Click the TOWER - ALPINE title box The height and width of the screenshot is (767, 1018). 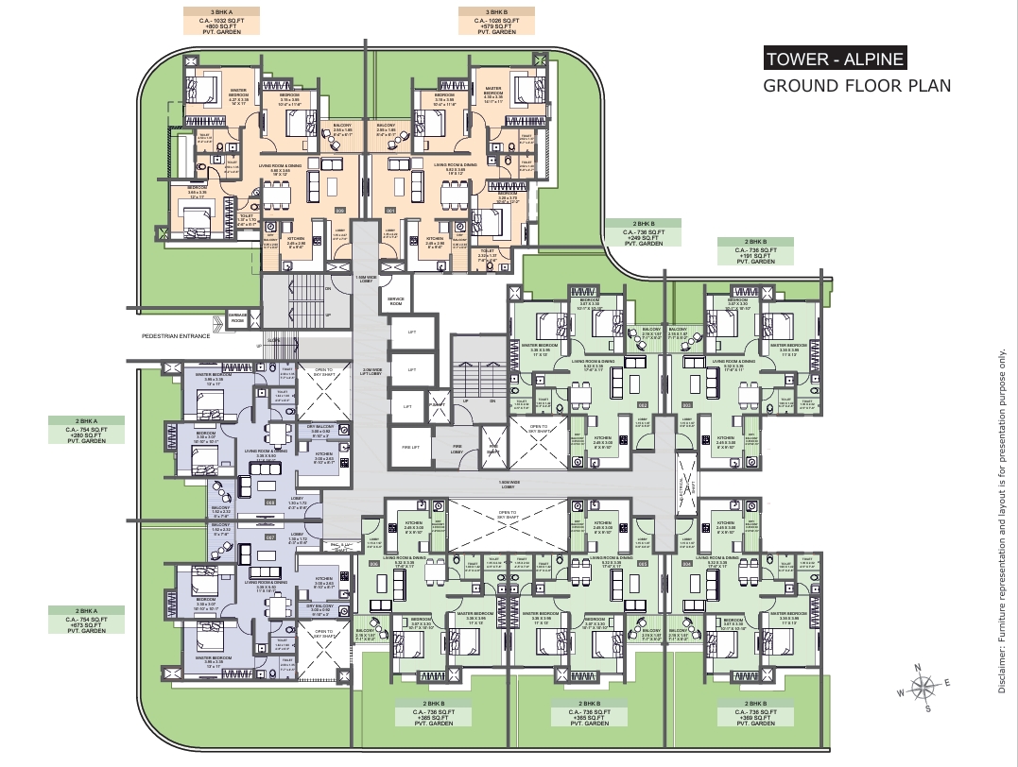(835, 59)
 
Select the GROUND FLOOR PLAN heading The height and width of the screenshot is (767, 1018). (856, 86)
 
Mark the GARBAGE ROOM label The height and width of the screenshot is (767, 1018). (237, 317)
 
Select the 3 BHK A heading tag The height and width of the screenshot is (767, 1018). (221, 21)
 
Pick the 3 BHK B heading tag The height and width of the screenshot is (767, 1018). (495, 21)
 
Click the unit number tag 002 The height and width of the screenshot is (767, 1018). (643, 405)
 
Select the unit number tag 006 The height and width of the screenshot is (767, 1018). (374, 564)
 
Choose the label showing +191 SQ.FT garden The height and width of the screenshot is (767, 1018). (755, 255)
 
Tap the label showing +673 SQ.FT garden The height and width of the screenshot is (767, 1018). (87, 624)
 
